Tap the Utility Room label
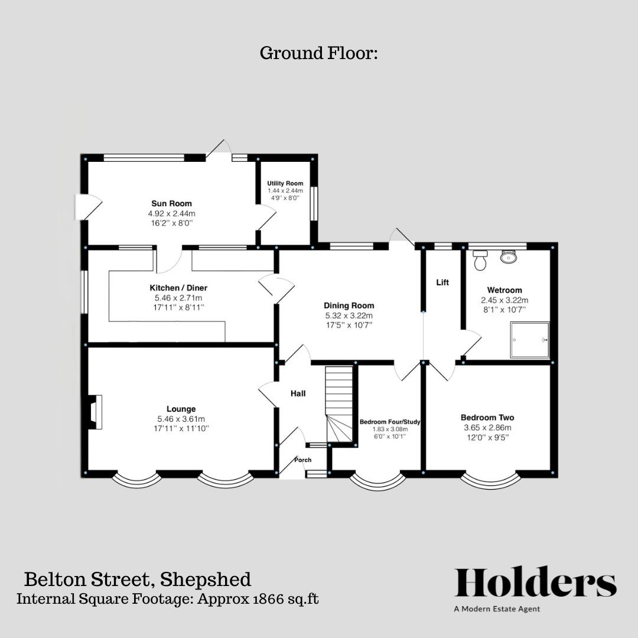(x=285, y=184)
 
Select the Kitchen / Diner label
(x=178, y=288)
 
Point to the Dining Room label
(x=349, y=305)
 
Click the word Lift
(x=442, y=282)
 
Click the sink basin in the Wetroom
(x=507, y=256)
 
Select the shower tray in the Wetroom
(x=530, y=340)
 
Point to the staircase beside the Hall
(x=340, y=404)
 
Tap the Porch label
(x=303, y=460)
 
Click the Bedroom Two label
(x=487, y=418)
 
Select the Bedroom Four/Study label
(x=390, y=422)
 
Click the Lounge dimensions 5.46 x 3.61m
(x=181, y=419)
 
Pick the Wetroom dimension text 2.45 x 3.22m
(x=504, y=300)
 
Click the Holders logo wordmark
(x=535, y=583)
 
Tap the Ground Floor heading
(x=318, y=53)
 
